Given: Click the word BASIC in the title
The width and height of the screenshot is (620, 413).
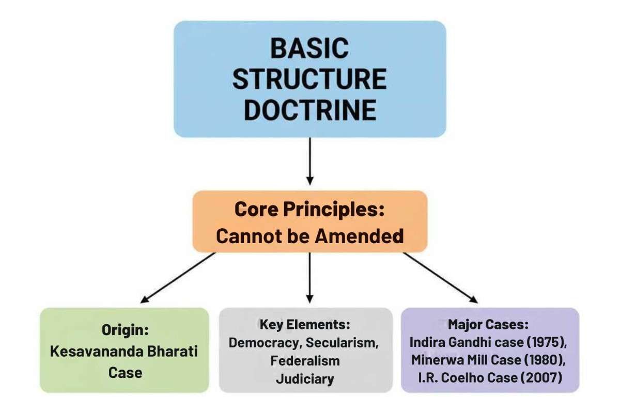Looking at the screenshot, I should pos(309,49).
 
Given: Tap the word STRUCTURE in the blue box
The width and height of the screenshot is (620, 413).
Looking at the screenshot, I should pos(309,79).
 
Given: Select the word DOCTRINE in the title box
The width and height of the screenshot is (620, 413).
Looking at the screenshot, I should pos(309,109).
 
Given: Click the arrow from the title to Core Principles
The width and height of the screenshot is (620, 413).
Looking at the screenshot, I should pos(309,160).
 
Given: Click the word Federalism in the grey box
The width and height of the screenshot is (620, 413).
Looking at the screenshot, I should pos(305,360).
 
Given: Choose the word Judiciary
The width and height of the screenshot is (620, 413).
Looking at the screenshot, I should pos(305,378).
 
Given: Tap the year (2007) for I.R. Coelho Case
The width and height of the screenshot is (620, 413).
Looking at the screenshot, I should pos(541,378).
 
